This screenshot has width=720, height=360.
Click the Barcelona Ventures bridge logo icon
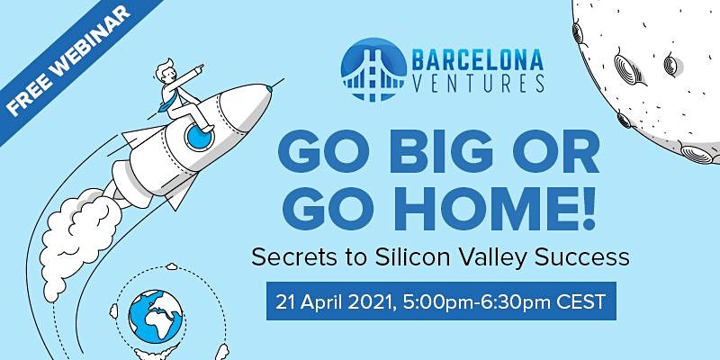(373, 69)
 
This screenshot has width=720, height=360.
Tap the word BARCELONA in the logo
(478, 59)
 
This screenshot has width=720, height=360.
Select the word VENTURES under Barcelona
(478, 84)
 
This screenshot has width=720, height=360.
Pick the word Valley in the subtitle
(493, 259)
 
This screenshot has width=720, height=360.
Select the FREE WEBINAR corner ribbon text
(68, 60)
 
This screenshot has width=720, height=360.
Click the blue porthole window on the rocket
(199, 137)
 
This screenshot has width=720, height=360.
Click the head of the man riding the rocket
(165, 71)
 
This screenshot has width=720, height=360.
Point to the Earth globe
(156, 317)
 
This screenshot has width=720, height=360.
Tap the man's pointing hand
(198, 69)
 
